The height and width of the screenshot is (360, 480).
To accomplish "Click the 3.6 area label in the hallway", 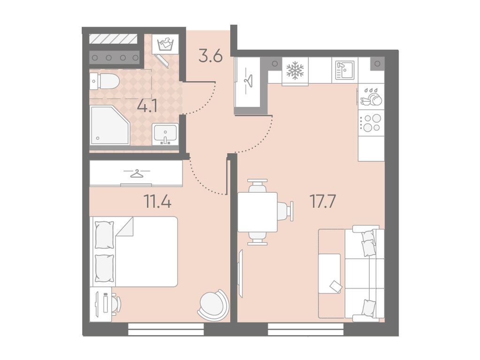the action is (210, 56).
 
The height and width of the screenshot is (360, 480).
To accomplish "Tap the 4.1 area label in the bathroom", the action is (147, 107).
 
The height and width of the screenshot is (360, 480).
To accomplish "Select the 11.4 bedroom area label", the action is (157, 202).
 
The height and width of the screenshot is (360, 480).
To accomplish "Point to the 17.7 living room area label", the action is (323, 202).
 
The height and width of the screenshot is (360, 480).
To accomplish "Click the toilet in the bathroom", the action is (104, 82).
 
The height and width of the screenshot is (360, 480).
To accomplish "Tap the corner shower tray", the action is (110, 125).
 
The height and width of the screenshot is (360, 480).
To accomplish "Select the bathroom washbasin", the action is (165, 135).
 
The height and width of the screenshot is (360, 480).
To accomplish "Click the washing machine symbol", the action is (165, 44).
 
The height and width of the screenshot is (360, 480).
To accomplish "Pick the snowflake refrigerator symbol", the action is (295, 71).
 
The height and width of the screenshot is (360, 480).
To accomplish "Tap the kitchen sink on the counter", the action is (345, 70).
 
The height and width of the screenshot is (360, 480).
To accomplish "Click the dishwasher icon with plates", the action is (371, 97).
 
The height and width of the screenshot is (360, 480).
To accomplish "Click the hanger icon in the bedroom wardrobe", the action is (137, 173).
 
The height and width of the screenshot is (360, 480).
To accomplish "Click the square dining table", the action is (258, 212).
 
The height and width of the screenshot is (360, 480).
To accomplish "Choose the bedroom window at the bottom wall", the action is (166, 329).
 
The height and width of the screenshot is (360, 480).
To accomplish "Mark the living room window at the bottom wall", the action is (305, 329).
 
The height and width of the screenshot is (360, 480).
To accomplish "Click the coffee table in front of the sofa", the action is (329, 274).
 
